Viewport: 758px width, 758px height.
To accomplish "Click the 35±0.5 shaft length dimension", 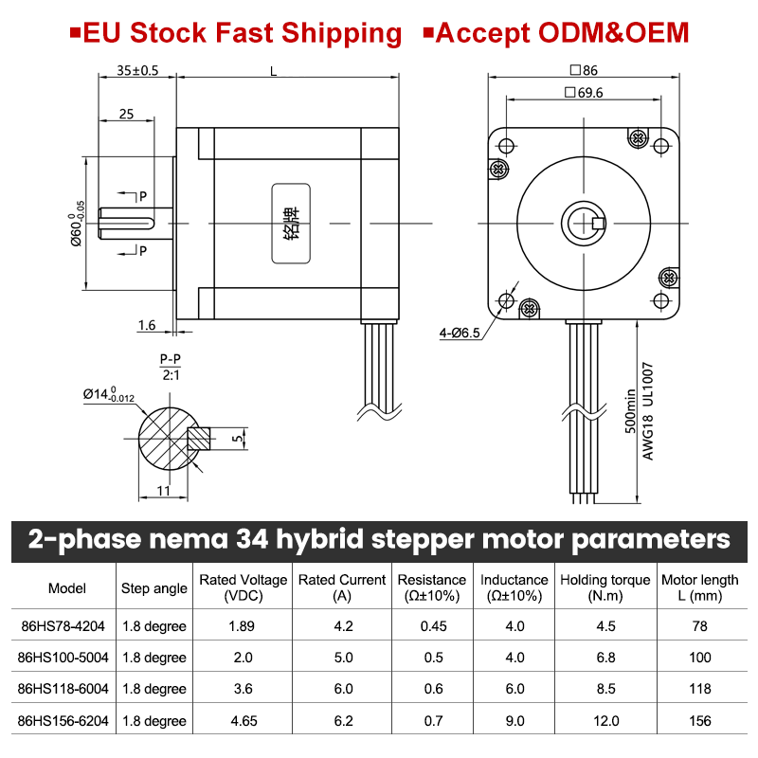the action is coord(137,70).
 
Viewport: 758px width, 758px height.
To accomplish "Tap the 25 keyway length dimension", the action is coord(126,114).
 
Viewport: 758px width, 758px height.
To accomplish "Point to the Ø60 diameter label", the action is coord(77,224).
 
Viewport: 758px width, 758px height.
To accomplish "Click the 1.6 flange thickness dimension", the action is coord(147,325).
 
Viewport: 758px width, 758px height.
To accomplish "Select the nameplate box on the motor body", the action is coord(291,224).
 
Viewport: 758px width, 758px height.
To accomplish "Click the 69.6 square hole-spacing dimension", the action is coord(584,92).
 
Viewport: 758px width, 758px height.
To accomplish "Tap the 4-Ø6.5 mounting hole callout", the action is coord(460,333).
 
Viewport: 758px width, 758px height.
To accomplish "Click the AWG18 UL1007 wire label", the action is coord(648,411).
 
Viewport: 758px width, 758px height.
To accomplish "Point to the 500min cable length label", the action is coord(630,411).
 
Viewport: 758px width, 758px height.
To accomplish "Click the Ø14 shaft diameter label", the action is coord(108,394).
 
